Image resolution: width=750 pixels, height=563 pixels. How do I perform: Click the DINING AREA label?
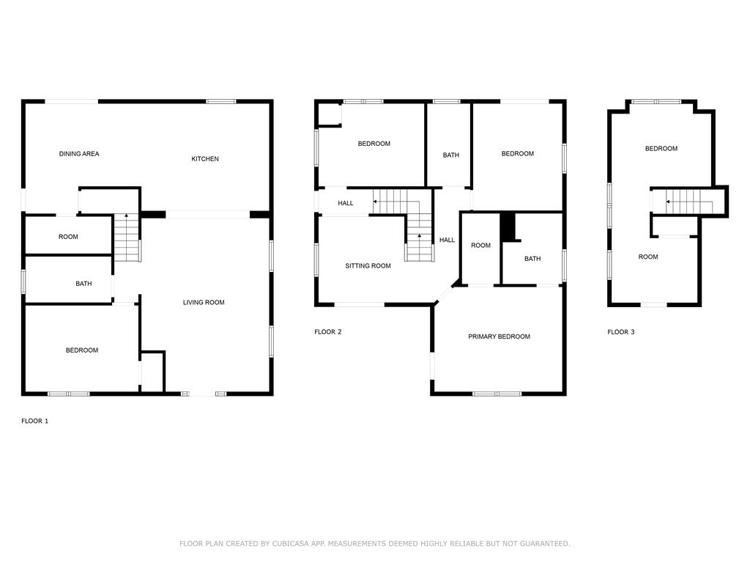click(x=79, y=154)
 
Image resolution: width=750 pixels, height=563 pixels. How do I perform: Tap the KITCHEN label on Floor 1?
click(x=205, y=159)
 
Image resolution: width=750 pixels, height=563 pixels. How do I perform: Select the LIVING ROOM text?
click(x=204, y=303)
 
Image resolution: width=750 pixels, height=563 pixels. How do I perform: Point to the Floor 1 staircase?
click(x=127, y=238)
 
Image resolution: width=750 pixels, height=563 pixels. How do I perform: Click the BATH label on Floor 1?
click(x=83, y=284)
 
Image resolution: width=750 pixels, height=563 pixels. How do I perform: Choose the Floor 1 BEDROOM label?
click(x=82, y=350)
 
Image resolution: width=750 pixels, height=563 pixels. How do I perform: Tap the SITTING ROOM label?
click(x=368, y=265)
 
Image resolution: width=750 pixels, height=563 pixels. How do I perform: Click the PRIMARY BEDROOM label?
click(x=499, y=336)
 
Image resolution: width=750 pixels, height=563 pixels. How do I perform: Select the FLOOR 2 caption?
click(x=327, y=332)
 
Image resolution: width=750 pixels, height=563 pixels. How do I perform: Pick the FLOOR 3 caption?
click(x=621, y=332)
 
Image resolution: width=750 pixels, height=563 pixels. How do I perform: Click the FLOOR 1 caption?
click(x=34, y=422)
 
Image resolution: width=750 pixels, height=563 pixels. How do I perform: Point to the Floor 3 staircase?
click(x=689, y=202)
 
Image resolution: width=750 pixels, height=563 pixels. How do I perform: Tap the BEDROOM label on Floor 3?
click(x=661, y=148)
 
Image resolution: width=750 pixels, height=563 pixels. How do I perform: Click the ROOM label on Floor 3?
click(x=648, y=257)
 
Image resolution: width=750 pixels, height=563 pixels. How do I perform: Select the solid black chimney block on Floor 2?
click(x=509, y=227)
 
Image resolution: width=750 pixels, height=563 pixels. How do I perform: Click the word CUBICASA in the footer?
click(x=290, y=543)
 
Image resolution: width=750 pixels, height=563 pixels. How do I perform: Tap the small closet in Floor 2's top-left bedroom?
click(x=329, y=115)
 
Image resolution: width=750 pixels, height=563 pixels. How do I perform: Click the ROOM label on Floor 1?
click(x=68, y=237)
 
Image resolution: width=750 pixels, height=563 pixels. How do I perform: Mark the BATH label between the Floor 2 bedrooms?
click(x=450, y=155)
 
